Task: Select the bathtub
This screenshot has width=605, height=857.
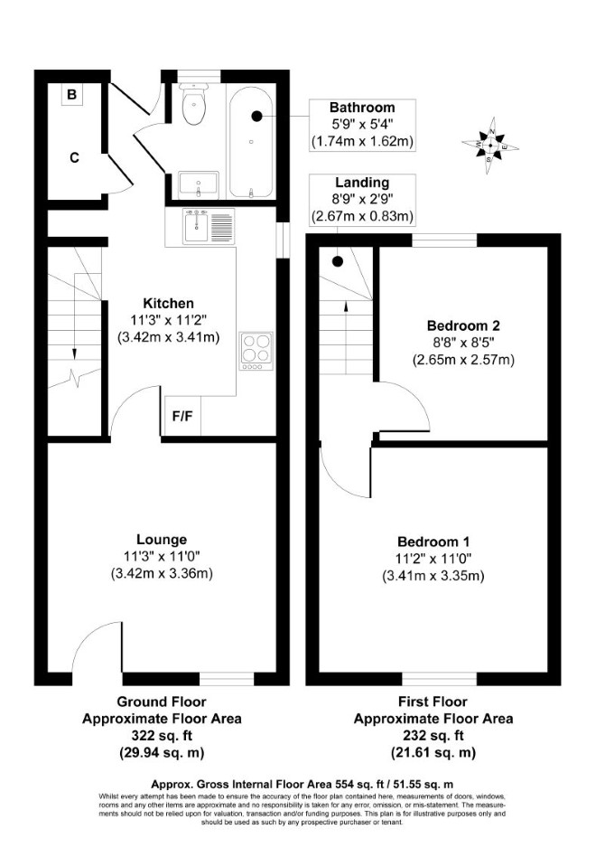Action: (x=251, y=142)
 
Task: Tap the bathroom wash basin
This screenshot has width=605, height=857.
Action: (x=199, y=184)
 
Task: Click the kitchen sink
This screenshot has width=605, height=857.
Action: (x=209, y=227)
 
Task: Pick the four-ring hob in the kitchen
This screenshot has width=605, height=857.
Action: (x=256, y=351)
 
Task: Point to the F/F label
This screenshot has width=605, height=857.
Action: (x=182, y=417)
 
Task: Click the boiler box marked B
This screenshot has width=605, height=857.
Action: (x=71, y=95)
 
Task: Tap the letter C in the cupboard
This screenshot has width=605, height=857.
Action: (x=74, y=158)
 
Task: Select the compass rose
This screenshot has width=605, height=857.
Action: (x=489, y=146)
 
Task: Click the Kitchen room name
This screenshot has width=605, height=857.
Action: (x=168, y=304)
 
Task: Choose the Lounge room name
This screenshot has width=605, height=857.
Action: (x=162, y=540)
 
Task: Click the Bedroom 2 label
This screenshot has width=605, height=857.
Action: (x=463, y=326)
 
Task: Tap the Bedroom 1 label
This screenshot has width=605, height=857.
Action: (x=433, y=542)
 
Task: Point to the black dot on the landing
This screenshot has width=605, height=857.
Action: (x=338, y=262)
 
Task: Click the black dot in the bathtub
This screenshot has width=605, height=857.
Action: (x=256, y=116)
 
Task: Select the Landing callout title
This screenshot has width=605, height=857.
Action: (x=362, y=183)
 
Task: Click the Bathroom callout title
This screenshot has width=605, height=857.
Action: (x=362, y=107)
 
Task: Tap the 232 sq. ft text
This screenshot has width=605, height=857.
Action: (x=433, y=736)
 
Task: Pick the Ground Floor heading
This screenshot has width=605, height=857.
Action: (x=162, y=702)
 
